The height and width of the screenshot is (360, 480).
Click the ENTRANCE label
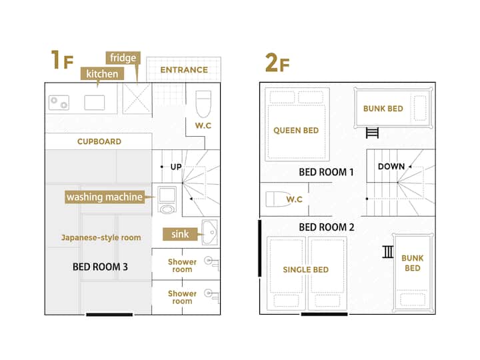pos(184,70)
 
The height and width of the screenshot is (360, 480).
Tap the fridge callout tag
pos(123,58)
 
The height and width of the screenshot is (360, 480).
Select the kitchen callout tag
pos(102,74)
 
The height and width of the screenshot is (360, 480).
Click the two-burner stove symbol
pos(59,103)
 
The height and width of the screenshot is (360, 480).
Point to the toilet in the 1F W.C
pos(203,104)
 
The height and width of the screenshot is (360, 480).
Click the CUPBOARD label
pos(99,141)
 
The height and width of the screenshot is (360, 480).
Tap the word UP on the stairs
pos(176,167)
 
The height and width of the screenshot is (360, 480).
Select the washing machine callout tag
pos(105,197)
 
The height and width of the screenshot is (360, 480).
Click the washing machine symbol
pos(167,200)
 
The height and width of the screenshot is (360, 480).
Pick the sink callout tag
pos(180,234)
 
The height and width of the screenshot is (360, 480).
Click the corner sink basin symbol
pos(210,233)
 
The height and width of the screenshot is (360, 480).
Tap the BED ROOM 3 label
pos(100,267)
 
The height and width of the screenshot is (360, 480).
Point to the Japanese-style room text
pos(101,237)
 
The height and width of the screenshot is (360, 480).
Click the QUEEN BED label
pos(296,131)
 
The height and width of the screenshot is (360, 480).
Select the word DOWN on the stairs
pos(391,167)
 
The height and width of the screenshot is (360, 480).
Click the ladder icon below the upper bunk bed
pos(372,133)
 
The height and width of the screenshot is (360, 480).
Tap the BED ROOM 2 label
pos(327,227)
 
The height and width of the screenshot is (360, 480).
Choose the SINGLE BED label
pos(306,270)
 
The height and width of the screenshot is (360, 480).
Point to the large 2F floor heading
pos(277,63)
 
